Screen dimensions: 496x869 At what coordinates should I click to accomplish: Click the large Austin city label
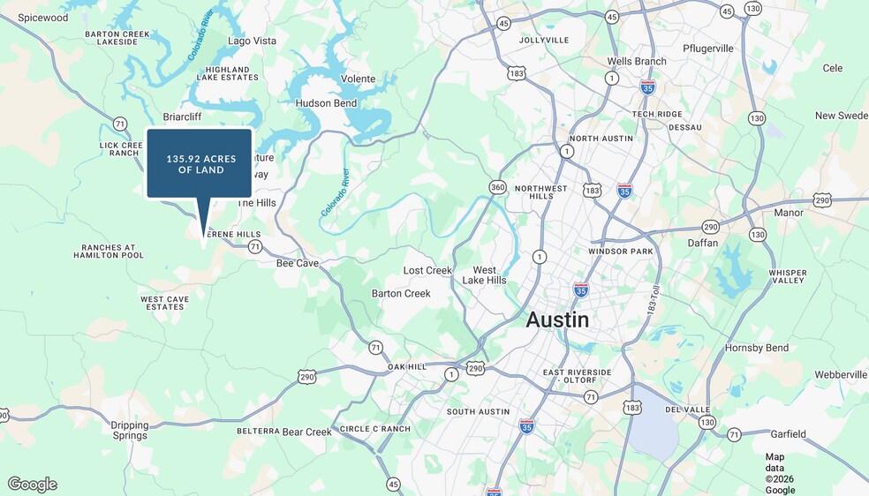(x=557, y=319)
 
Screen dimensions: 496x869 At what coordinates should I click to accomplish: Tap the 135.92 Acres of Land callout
(x=200, y=163)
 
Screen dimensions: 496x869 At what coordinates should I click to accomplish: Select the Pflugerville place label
(x=708, y=49)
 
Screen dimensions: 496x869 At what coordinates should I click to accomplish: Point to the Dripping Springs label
(x=130, y=430)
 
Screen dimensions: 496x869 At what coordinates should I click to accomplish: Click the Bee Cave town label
(x=297, y=263)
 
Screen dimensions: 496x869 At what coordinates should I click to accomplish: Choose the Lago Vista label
(x=252, y=41)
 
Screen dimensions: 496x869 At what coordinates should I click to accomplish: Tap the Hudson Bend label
(x=326, y=103)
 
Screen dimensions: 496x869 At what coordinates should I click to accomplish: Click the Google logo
(x=33, y=484)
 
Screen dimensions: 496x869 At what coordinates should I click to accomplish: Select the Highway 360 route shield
(x=498, y=186)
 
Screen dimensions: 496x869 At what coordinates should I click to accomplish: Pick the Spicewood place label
(x=42, y=18)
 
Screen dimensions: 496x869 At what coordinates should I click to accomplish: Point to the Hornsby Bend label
(x=757, y=348)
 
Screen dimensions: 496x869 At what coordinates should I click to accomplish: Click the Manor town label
(x=789, y=213)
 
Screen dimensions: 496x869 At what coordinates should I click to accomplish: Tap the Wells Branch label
(x=636, y=62)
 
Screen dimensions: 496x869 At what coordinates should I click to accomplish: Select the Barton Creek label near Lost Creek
(x=401, y=293)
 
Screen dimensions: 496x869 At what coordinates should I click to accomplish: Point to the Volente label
(x=358, y=79)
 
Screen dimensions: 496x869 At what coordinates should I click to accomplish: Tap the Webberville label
(x=840, y=375)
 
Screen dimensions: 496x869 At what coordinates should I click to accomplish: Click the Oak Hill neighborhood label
(x=406, y=366)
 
